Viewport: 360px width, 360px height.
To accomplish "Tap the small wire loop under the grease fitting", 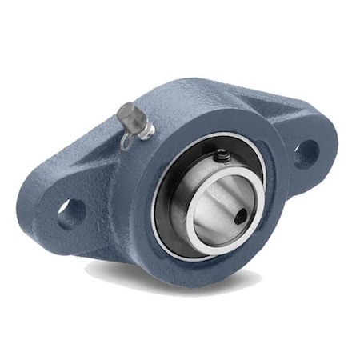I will click(x=127, y=141).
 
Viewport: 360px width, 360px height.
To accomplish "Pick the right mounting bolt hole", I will click(x=305, y=153).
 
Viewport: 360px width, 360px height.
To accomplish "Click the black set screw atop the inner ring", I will click(x=221, y=157).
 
